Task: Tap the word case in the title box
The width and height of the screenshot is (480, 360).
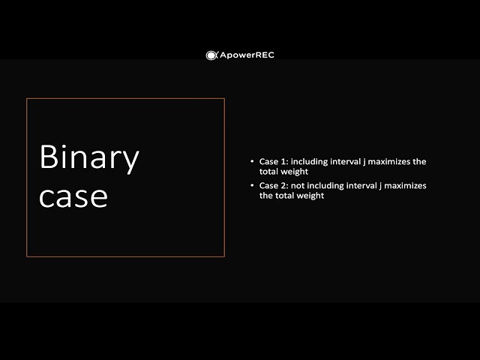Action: point(73,196)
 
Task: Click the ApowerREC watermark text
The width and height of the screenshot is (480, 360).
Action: point(247,55)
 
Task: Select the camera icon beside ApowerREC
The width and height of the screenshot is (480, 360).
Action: point(211,55)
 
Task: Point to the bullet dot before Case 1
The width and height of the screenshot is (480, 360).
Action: point(252,161)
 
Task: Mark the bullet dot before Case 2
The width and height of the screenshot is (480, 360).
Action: point(252,185)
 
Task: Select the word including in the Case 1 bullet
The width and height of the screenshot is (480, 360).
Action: point(309,161)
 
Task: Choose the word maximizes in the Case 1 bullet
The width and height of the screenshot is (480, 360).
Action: point(394,161)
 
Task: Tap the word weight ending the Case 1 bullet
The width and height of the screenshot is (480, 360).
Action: point(295,171)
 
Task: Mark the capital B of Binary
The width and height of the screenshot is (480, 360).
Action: point(49,157)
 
